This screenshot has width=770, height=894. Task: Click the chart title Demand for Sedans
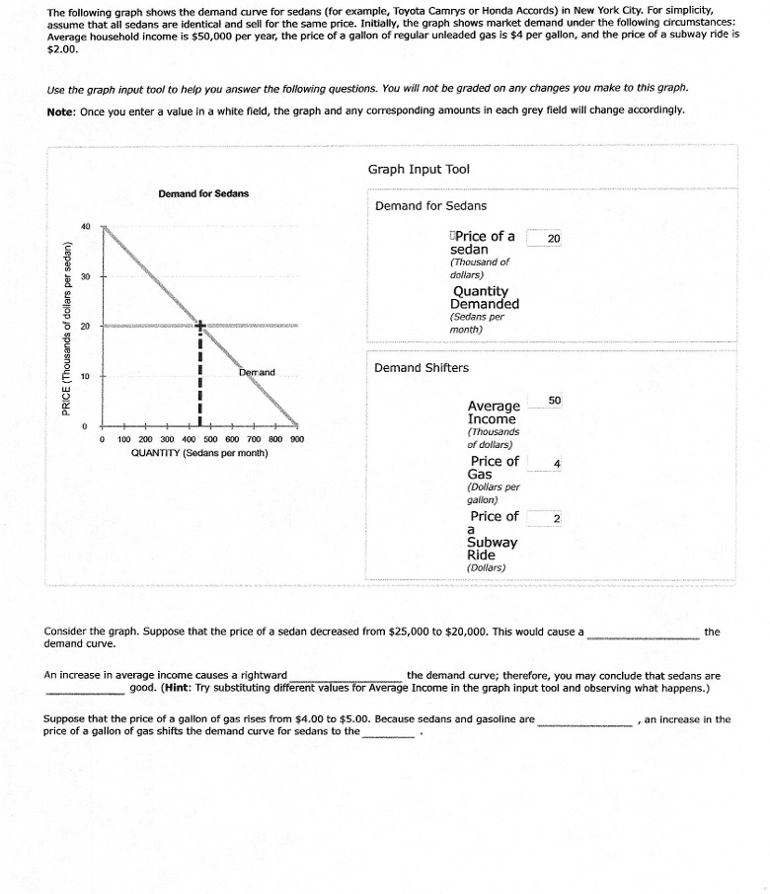[x=203, y=192]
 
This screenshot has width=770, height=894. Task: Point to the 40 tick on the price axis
[x=86, y=226]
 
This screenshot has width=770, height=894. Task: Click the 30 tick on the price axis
[x=86, y=276]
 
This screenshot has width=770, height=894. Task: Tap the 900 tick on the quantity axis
[x=296, y=438]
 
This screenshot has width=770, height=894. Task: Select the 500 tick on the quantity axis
[x=210, y=438]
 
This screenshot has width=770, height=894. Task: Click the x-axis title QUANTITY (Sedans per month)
[x=199, y=453]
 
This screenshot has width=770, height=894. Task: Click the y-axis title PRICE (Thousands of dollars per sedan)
[x=66, y=328]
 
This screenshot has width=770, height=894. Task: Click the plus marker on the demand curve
[x=199, y=325]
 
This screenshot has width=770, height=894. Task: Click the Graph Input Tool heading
[x=419, y=169]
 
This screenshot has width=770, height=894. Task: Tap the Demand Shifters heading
[x=422, y=368]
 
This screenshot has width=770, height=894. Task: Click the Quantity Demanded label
[x=485, y=297]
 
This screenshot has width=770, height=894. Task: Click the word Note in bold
[x=61, y=111]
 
